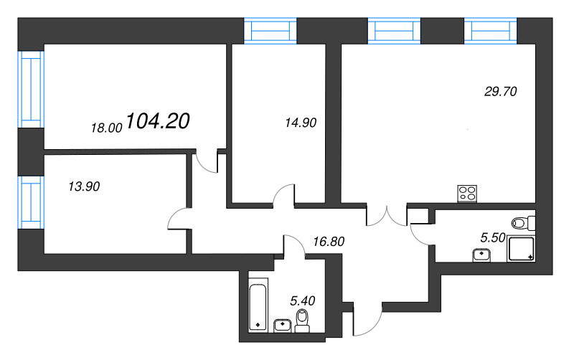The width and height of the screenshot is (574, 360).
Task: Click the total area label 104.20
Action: (x=158, y=121)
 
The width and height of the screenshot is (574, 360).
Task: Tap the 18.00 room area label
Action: (x=106, y=128)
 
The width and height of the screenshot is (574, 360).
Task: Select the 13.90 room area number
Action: (x=84, y=186)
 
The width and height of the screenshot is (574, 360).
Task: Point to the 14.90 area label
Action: (x=301, y=123)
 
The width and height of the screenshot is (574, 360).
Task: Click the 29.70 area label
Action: (x=500, y=92)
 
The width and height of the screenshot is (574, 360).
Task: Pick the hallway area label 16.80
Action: (x=329, y=242)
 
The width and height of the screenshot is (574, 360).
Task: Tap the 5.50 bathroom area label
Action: (x=493, y=238)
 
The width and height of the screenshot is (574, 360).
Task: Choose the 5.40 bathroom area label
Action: (x=302, y=300)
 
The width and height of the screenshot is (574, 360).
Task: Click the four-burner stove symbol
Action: (x=467, y=194)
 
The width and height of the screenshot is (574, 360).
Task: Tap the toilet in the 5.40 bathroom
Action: (x=302, y=321)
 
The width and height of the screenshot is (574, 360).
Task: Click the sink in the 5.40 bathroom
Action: (x=283, y=326)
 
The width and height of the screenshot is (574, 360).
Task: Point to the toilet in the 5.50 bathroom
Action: (x=523, y=223)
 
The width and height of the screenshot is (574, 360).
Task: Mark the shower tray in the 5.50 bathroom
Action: (x=521, y=249)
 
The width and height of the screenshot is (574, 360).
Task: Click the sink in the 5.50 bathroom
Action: (x=481, y=255)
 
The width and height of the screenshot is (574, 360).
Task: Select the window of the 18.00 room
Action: (x=31, y=90)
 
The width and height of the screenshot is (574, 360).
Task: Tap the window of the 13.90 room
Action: (x=31, y=202)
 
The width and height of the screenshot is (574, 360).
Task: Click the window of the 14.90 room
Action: (x=270, y=31)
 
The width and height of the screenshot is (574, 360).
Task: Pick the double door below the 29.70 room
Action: (x=387, y=216)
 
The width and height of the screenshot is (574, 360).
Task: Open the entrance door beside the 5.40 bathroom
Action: (x=367, y=319)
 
